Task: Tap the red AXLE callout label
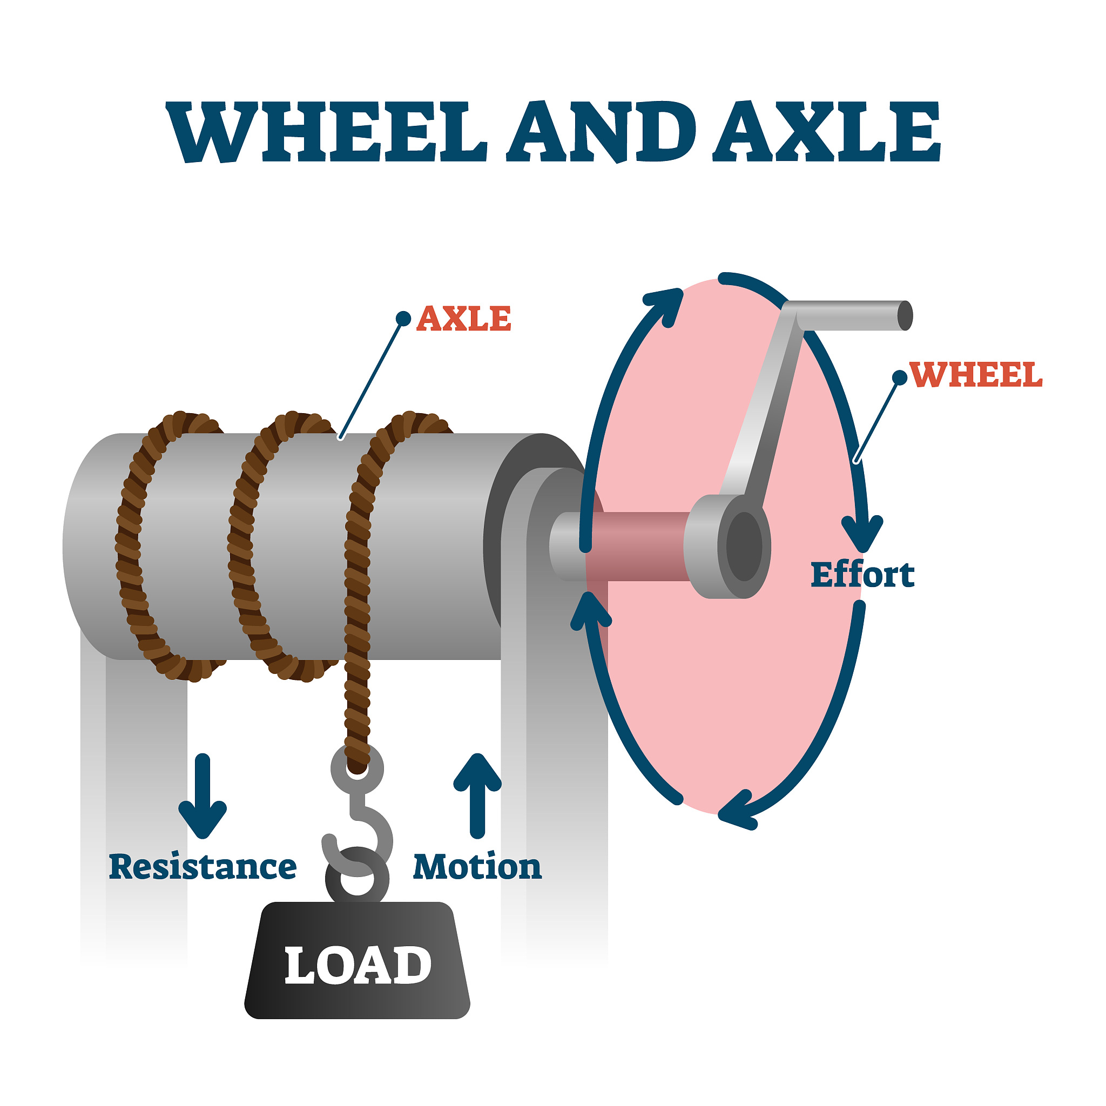[x=463, y=318]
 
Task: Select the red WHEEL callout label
[x=975, y=375]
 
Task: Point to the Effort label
[x=862, y=575]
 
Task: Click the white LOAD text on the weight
[x=358, y=965]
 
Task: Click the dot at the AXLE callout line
[x=403, y=319]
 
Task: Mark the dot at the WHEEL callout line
[x=900, y=377]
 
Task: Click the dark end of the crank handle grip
[x=905, y=315]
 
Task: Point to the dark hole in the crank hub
[x=744, y=547]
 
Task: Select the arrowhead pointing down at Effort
[x=862, y=532]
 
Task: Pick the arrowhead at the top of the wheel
[x=667, y=304]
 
